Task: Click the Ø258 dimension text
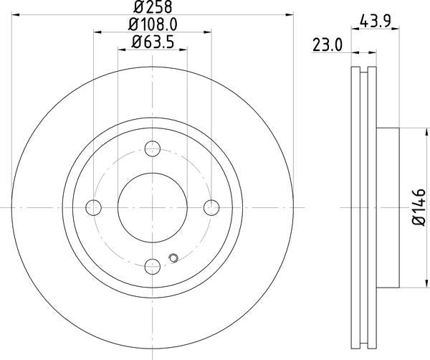click(x=153, y=7)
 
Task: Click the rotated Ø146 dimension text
click(x=419, y=208)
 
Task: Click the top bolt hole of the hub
click(x=152, y=149)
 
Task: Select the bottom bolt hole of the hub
click(x=152, y=267)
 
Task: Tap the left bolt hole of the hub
click(x=93, y=208)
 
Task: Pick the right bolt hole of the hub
click(x=211, y=208)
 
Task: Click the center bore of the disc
click(x=152, y=208)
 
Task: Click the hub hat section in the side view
click(x=387, y=208)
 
